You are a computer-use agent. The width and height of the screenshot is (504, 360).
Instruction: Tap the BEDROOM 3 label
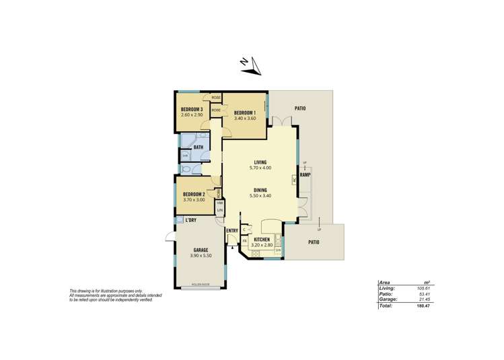pos(192,110)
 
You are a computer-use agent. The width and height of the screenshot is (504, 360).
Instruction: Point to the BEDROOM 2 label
pos(193,194)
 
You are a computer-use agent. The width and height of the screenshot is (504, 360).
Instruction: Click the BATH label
pos(199,147)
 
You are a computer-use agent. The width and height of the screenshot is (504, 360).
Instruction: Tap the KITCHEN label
pos(262,240)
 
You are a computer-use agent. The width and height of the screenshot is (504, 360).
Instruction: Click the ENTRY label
pos(231,231)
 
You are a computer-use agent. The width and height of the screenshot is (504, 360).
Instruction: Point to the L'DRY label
pos(190,220)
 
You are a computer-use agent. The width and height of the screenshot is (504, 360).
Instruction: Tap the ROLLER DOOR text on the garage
pos(200,285)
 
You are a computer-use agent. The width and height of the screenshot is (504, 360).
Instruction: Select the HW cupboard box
pos(219,203)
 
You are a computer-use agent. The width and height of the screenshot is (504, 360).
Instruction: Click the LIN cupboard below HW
pos(219,211)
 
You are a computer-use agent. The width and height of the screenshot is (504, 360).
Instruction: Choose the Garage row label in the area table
pos(388,299)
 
